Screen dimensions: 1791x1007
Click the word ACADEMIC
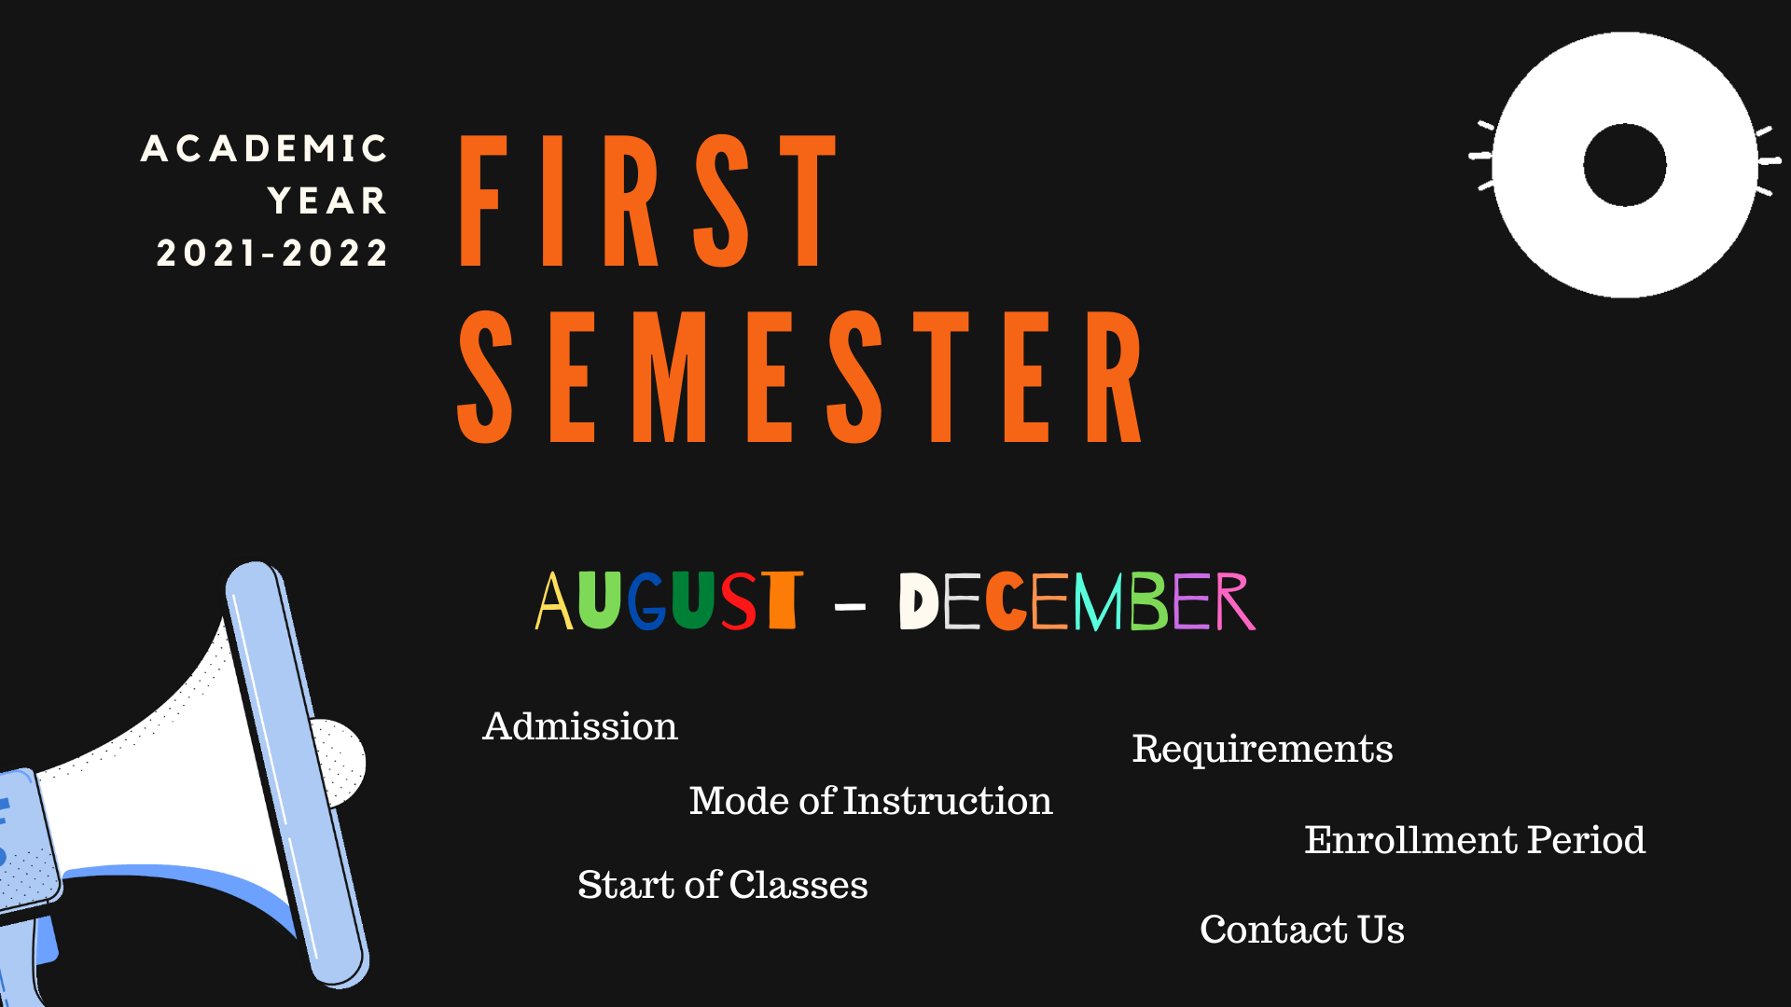(264, 149)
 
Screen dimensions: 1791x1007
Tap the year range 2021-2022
(272, 254)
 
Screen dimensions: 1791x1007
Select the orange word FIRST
(648, 200)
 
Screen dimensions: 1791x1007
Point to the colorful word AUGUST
(669, 600)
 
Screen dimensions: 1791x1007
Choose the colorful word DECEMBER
(1077, 601)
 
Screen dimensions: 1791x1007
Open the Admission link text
(580, 726)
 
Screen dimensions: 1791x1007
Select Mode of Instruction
(870, 801)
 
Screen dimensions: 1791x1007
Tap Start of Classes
(723, 885)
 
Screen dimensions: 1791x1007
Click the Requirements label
(1262, 750)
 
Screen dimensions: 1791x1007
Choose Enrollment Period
(1475, 840)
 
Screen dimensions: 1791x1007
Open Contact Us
(1302, 930)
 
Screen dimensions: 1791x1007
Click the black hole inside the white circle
(1625, 165)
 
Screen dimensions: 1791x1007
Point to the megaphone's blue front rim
(297, 774)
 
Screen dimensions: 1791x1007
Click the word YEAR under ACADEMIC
(327, 201)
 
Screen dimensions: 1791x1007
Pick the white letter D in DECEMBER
(919, 601)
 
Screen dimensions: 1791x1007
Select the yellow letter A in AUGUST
(553, 601)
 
